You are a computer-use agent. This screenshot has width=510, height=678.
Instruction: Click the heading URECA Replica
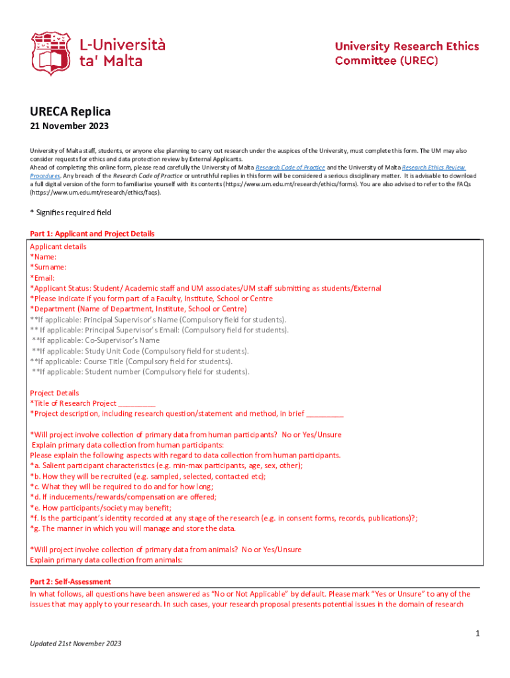(x=70, y=111)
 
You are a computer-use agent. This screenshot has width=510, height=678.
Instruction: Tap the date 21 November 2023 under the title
(x=70, y=126)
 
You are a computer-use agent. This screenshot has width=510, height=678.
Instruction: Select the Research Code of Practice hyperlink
(x=290, y=168)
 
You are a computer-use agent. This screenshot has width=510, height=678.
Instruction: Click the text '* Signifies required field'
(x=71, y=213)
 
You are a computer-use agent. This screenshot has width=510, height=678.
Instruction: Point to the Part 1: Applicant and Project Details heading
(x=92, y=234)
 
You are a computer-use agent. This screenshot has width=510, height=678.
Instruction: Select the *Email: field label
(x=42, y=277)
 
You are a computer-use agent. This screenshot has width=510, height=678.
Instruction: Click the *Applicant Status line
(x=205, y=288)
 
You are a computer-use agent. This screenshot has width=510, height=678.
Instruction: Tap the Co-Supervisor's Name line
(x=95, y=340)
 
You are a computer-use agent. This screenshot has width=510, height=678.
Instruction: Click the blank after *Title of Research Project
(x=136, y=403)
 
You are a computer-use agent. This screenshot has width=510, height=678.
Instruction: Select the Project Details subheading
(x=54, y=393)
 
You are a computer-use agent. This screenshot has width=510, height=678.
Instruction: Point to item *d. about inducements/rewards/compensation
(x=123, y=497)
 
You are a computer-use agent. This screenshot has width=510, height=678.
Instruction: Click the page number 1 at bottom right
(x=477, y=634)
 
